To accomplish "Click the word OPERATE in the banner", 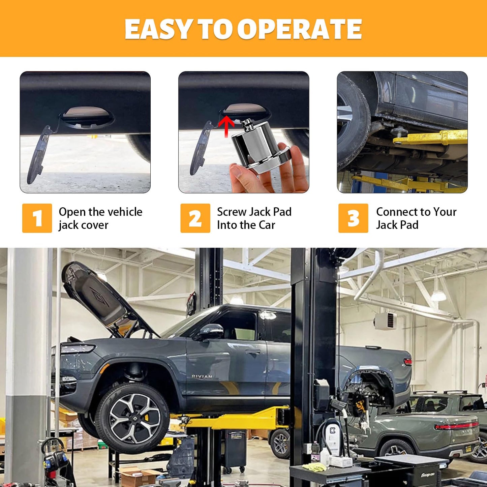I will pyautogui.click(x=300, y=29).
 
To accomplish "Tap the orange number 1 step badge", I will pyautogui.click(x=37, y=218).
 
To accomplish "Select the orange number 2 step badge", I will pyautogui.click(x=195, y=218).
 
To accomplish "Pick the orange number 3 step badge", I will pyautogui.click(x=353, y=218).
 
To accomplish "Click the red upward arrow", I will pyautogui.click(x=226, y=126).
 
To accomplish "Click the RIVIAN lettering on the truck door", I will pyautogui.click(x=202, y=376).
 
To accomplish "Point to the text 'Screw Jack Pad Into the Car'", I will pyautogui.click(x=254, y=218).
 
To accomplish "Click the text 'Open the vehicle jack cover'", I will pyautogui.click(x=100, y=218).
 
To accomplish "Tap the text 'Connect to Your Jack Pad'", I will pyautogui.click(x=416, y=218).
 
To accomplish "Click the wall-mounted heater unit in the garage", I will pyautogui.click(x=386, y=320).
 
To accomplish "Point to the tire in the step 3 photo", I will pyautogui.click(x=352, y=121).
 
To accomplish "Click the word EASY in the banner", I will pyautogui.click(x=158, y=29).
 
